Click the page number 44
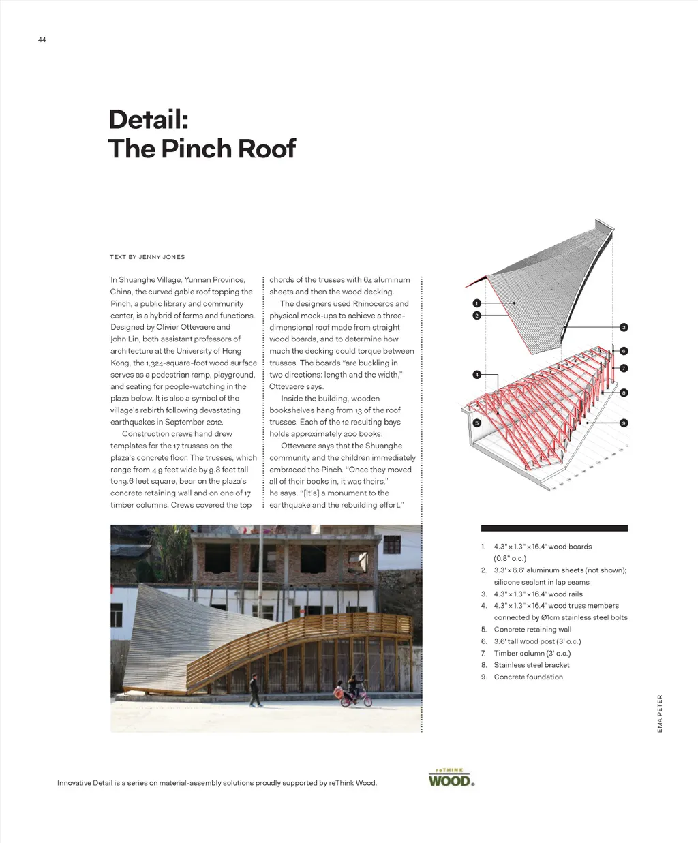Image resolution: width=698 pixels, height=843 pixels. click(x=42, y=40)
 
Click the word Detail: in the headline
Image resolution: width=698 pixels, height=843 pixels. click(x=148, y=120)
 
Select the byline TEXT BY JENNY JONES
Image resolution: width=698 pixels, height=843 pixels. click(x=147, y=257)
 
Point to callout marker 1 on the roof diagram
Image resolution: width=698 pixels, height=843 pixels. click(x=476, y=303)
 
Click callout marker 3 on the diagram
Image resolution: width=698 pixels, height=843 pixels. click(x=623, y=328)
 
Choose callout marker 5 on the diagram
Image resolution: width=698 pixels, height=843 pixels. click(x=476, y=423)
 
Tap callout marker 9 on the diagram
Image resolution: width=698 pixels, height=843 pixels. click(x=623, y=423)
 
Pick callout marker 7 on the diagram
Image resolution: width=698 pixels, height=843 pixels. click(x=623, y=368)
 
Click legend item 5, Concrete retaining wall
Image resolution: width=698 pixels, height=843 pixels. click(x=532, y=630)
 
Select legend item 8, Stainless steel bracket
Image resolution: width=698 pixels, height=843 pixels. click(x=532, y=665)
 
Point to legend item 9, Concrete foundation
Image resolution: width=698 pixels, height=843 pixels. click(x=528, y=677)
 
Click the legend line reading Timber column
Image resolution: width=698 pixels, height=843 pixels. click(x=532, y=653)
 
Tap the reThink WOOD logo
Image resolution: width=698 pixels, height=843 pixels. click(x=451, y=778)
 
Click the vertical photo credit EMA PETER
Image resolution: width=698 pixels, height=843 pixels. click(x=660, y=714)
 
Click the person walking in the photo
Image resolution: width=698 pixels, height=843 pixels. click(x=254, y=690)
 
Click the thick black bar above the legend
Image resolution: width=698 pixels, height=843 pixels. click(x=553, y=528)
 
